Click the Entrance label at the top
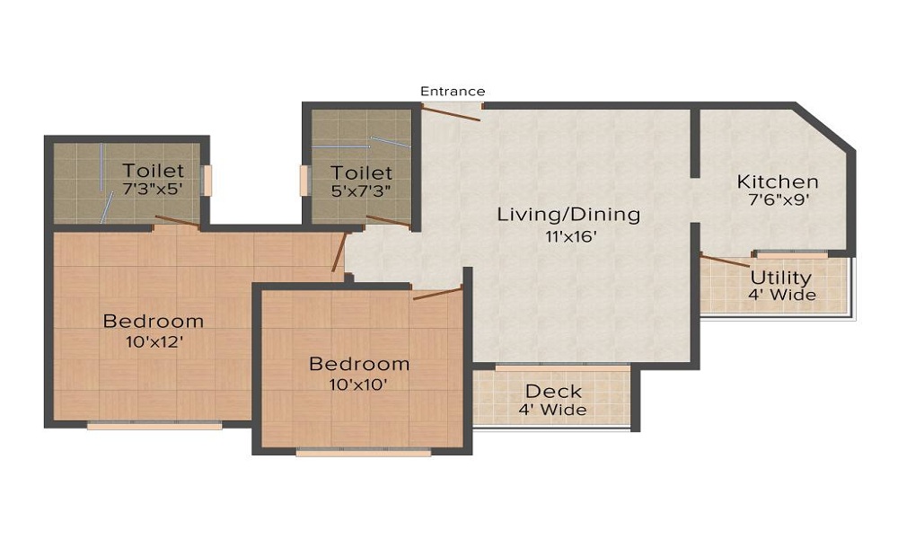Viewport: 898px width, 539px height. tap(453, 91)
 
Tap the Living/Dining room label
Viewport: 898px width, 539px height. tap(569, 215)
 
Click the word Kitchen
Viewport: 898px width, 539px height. tap(777, 181)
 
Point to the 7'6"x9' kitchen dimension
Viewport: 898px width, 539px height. tap(777, 200)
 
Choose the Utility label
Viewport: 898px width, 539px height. tap(780, 277)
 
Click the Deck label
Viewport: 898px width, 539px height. tap(553, 392)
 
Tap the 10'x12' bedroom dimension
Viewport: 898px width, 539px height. tap(153, 341)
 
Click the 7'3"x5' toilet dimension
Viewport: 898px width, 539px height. tap(154, 189)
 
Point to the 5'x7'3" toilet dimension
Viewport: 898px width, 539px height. tap(360, 190)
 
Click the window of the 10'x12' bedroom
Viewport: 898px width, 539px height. tap(154, 426)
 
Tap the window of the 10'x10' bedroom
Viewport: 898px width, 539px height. tap(363, 453)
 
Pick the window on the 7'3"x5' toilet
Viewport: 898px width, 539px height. tap(207, 181)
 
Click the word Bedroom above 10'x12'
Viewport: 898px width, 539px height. tap(153, 321)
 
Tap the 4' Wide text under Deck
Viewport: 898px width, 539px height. tap(552, 411)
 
